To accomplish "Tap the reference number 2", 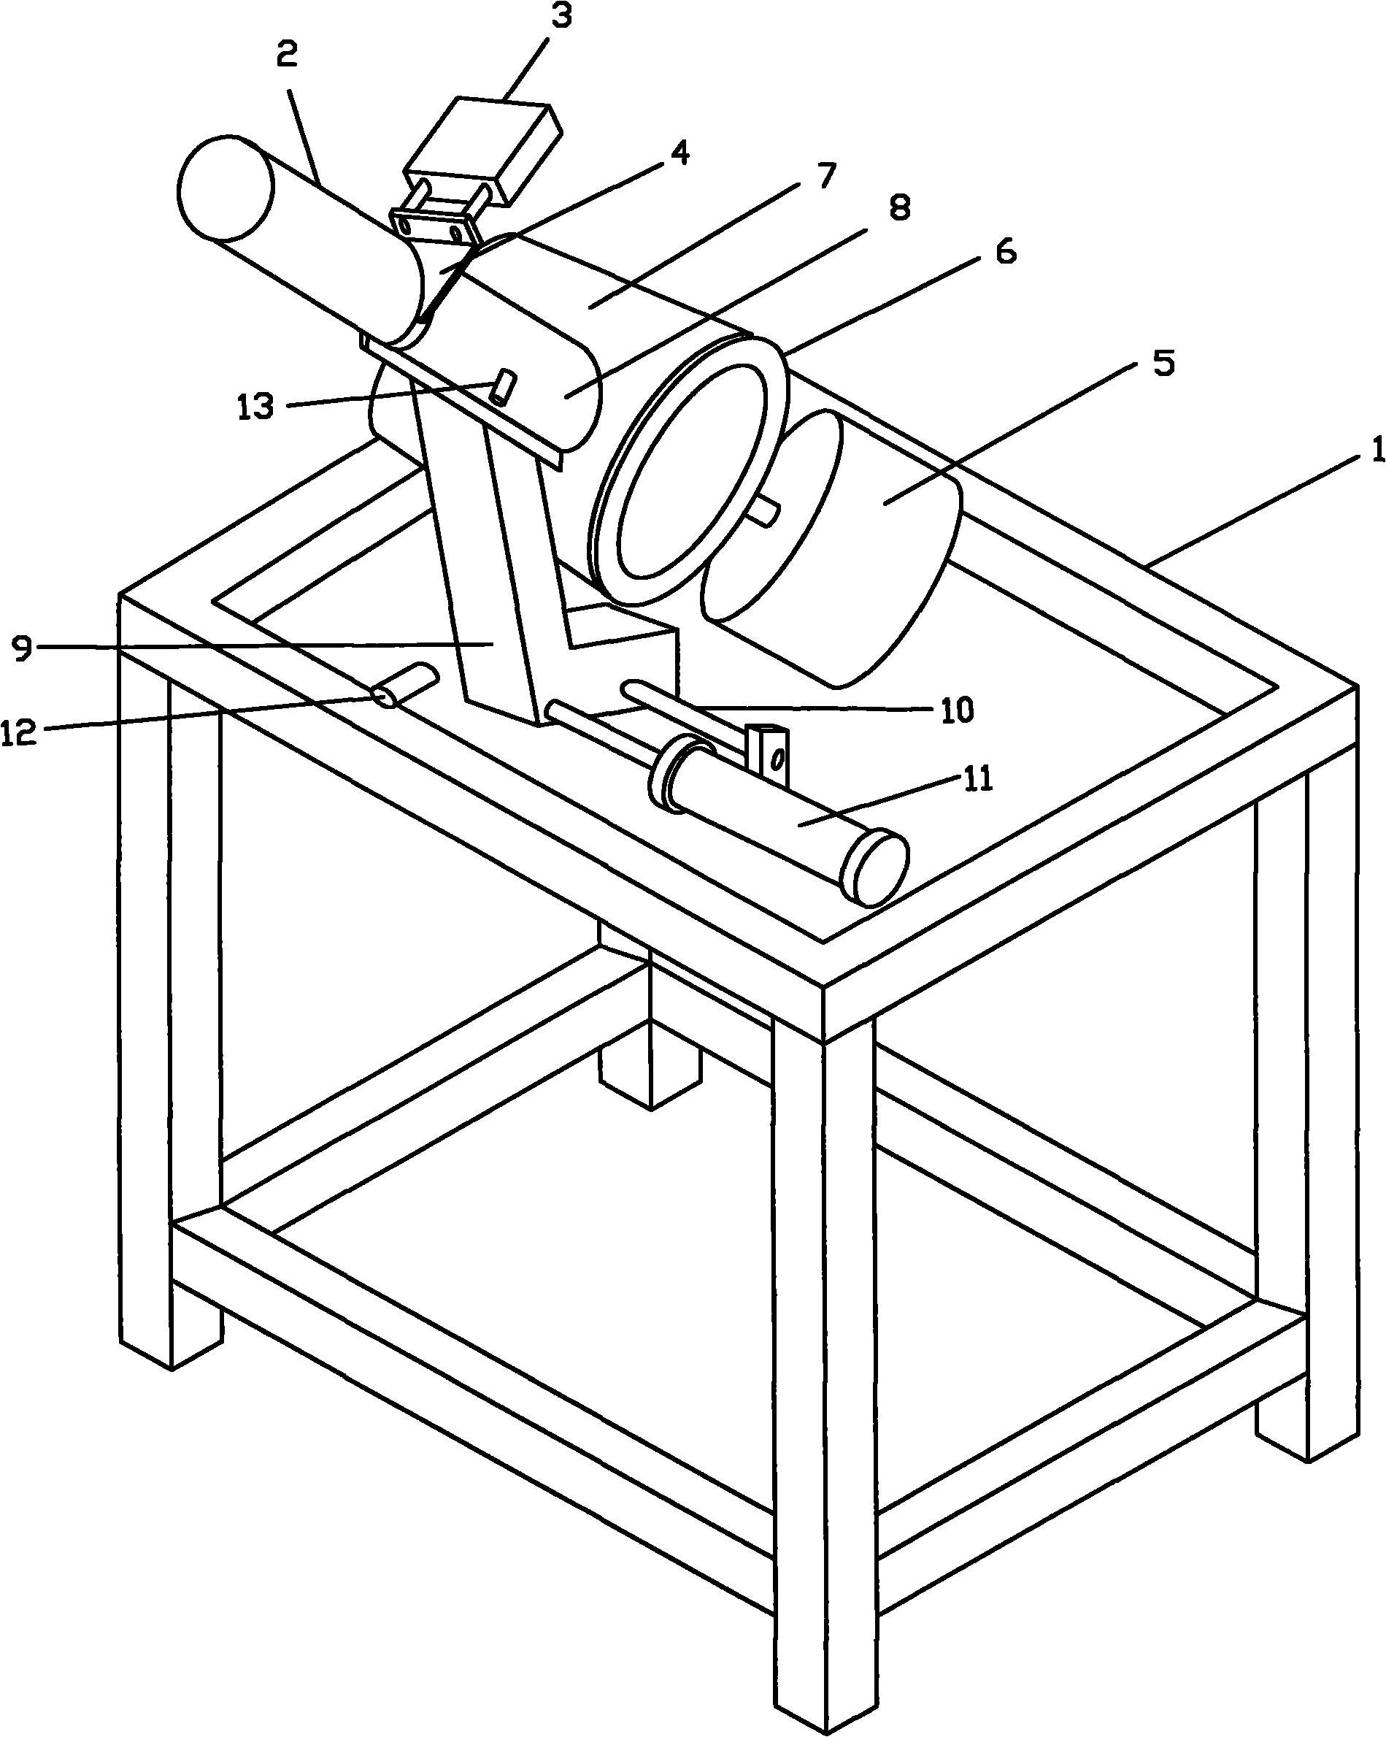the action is click(x=288, y=53).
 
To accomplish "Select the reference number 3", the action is click(x=561, y=16).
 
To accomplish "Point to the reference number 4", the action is click(x=680, y=153).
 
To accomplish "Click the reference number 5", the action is click(x=1163, y=364).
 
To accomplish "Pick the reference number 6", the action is click(x=1006, y=252).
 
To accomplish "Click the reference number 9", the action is click(x=23, y=648).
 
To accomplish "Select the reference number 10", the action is click(x=958, y=710).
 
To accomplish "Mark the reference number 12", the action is click(x=19, y=732).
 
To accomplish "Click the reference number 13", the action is click(x=256, y=407).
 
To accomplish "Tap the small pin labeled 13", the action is click(x=504, y=387).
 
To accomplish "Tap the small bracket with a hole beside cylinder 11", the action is click(x=769, y=755).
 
